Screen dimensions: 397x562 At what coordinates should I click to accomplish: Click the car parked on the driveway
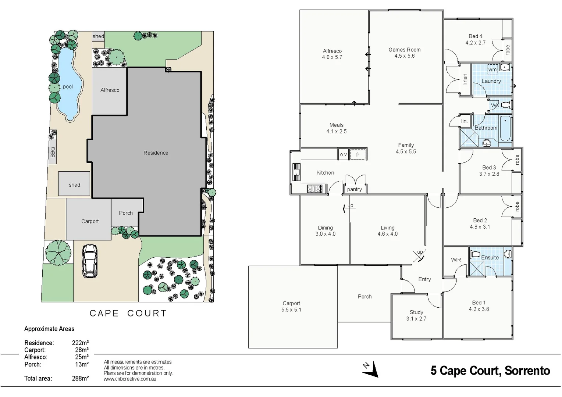pyautogui.click(x=89, y=261)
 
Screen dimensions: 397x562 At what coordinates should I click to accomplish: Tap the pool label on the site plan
pyautogui.click(x=68, y=87)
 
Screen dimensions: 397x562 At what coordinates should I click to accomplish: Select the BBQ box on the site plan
pyautogui.click(x=53, y=151)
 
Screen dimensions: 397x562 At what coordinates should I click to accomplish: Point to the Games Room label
pyautogui.click(x=404, y=50)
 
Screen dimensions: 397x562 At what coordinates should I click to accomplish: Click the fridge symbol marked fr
pyautogui.click(x=358, y=154)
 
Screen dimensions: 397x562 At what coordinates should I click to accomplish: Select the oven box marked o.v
pyautogui.click(x=343, y=154)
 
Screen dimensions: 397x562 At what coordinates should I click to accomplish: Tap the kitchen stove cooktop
pyautogui.click(x=314, y=189)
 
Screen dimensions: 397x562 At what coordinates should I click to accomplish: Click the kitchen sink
pyautogui.click(x=296, y=171)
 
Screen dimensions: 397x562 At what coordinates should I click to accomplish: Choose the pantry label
pyautogui.click(x=354, y=189)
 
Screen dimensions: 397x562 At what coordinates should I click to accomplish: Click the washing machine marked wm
pyautogui.click(x=492, y=69)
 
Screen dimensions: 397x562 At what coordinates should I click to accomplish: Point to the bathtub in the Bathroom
pyautogui.click(x=505, y=128)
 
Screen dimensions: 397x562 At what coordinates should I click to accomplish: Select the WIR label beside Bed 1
pyautogui.click(x=456, y=260)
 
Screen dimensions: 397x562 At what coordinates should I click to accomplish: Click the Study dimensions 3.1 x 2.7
pyautogui.click(x=416, y=319)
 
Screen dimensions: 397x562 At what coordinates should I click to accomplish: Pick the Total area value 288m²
pyautogui.click(x=80, y=378)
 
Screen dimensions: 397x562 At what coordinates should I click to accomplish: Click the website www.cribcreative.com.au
pyautogui.click(x=130, y=379)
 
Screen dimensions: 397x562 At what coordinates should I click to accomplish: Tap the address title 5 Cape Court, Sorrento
pyautogui.click(x=490, y=371)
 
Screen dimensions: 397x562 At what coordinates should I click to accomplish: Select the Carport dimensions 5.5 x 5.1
pyautogui.click(x=291, y=310)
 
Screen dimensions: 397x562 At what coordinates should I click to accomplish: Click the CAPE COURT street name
pyautogui.click(x=128, y=313)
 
